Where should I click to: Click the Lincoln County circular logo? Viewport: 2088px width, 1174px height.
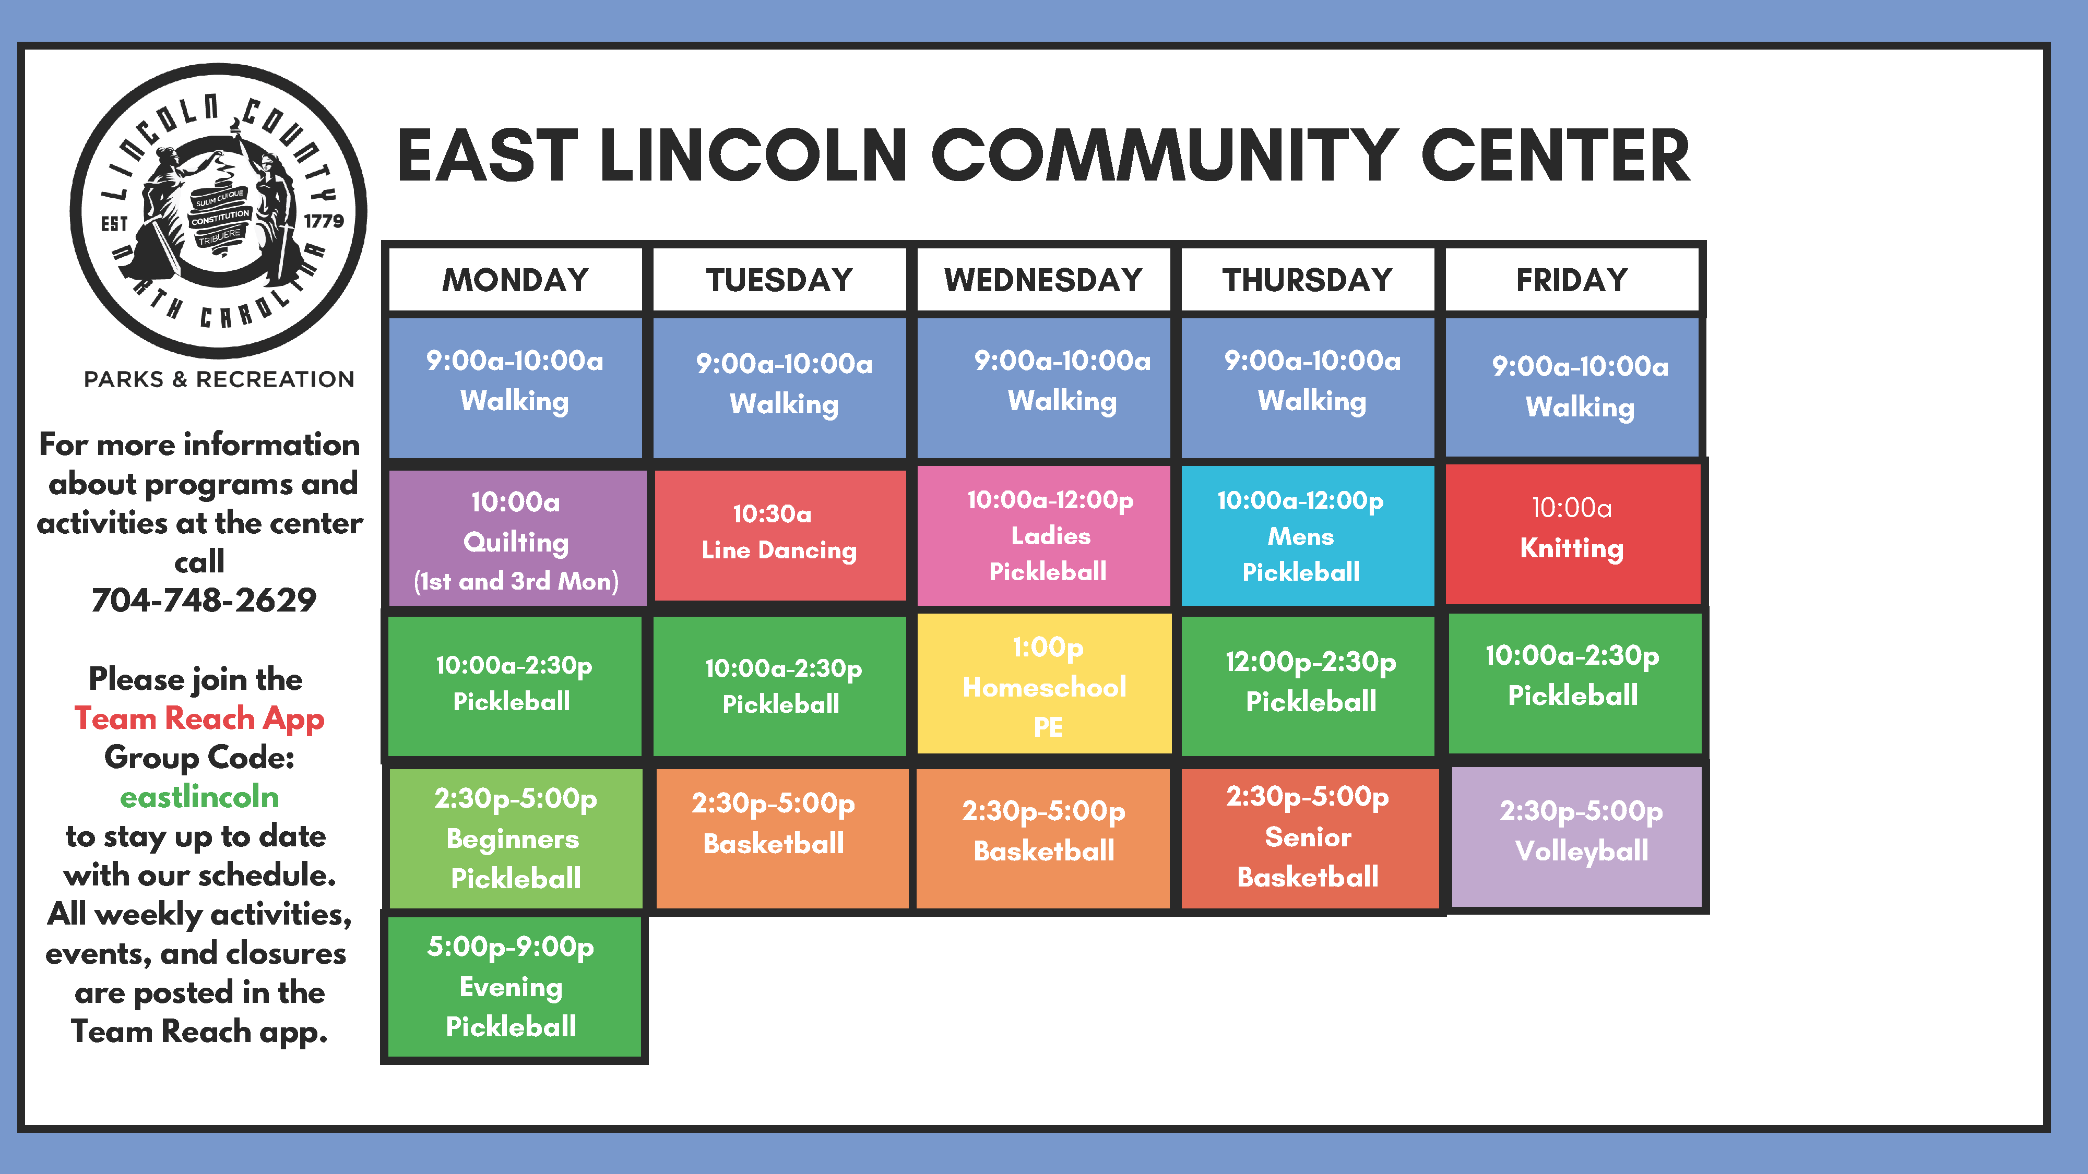[218, 211]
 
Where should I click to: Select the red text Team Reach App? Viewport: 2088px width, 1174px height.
[199, 718]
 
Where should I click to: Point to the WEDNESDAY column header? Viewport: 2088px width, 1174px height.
[1043, 280]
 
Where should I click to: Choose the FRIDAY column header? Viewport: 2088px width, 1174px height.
[1572, 280]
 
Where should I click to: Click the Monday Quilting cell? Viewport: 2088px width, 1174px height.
[516, 539]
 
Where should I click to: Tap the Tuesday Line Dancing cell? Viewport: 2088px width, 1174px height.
[779, 535]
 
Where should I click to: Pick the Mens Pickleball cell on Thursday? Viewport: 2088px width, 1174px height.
[1307, 535]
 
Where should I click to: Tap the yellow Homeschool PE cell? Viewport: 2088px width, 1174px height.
[1044, 685]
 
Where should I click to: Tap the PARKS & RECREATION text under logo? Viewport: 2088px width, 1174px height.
[219, 379]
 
